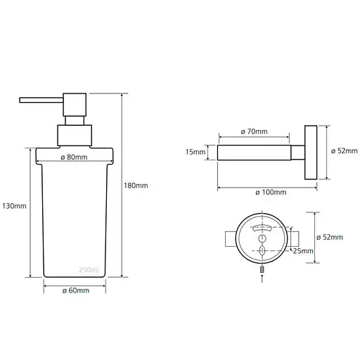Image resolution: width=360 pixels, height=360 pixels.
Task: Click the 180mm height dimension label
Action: click(x=136, y=186)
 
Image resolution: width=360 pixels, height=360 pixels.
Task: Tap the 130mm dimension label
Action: click(x=14, y=206)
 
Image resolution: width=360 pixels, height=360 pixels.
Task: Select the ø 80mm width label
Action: click(x=74, y=157)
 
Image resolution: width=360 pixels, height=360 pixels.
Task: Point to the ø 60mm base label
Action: click(x=76, y=290)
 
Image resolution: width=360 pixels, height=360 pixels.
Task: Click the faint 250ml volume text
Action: click(x=89, y=270)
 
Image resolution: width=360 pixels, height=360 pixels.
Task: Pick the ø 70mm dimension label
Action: click(x=255, y=131)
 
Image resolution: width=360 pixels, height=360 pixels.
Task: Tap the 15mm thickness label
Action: click(x=195, y=152)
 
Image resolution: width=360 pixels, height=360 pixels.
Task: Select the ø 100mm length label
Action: click(x=271, y=193)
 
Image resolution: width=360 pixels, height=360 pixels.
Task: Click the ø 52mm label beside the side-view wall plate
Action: click(x=345, y=151)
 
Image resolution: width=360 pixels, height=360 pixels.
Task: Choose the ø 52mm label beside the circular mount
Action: click(x=330, y=238)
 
